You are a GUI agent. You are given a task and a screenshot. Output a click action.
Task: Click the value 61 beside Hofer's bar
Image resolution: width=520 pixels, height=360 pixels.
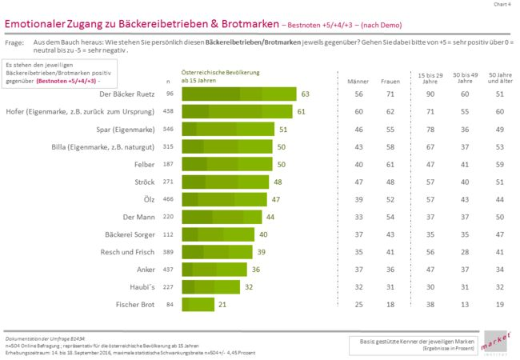click(301, 111)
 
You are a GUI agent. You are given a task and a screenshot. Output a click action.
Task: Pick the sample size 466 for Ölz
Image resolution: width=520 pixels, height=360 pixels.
click(168, 199)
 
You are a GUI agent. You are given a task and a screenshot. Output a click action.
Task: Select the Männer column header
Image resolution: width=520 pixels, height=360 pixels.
click(352, 82)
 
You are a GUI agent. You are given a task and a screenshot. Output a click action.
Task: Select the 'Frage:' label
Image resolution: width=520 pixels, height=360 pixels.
click(15, 39)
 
